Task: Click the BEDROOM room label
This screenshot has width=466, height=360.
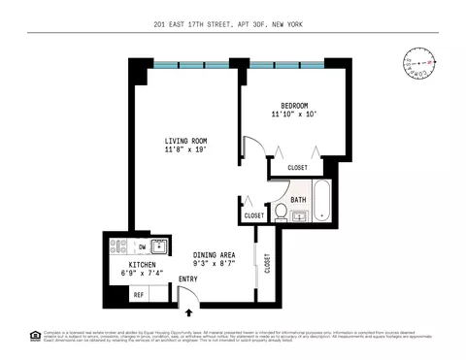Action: [295, 106]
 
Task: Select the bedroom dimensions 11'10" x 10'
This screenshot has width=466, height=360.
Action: [295, 115]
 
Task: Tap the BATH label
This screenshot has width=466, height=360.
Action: [298, 201]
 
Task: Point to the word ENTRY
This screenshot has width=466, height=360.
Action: [187, 279]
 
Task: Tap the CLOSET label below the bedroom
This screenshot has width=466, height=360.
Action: [297, 168]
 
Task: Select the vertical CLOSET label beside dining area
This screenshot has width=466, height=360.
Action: [268, 263]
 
